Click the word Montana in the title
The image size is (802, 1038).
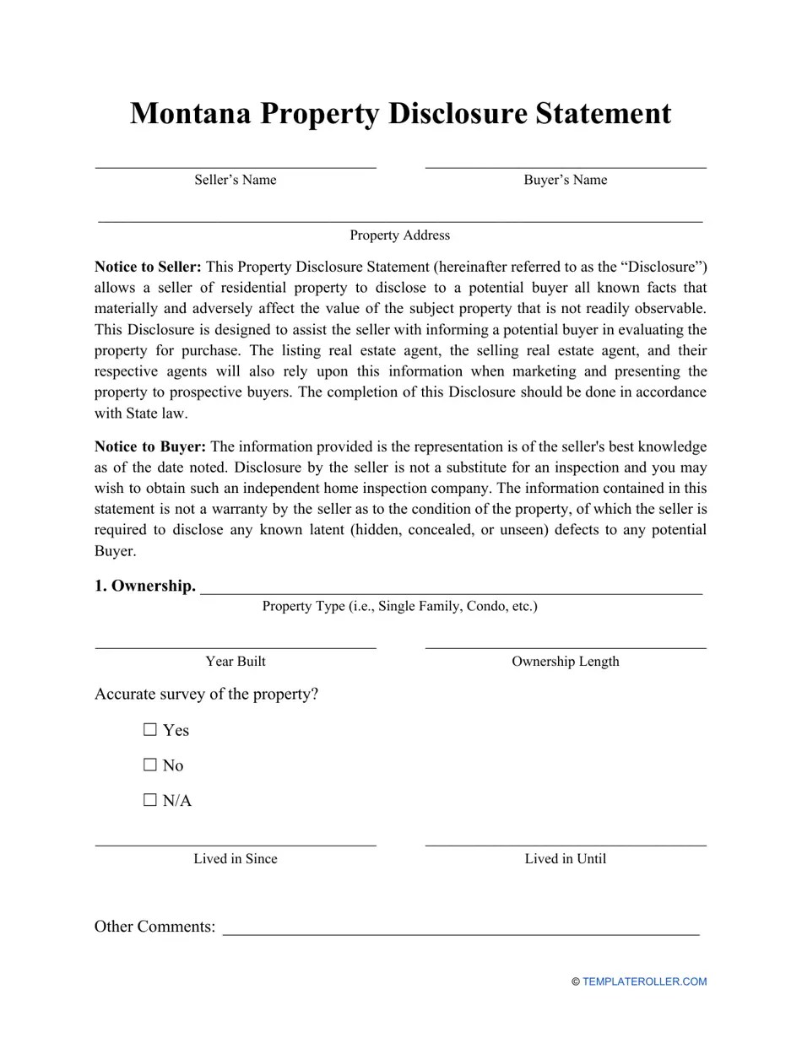[190, 114]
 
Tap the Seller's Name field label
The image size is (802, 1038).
[235, 180]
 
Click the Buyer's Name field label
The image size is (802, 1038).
[565, 180]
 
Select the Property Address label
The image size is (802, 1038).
[399, 235]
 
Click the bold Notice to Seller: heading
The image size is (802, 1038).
[148, 268]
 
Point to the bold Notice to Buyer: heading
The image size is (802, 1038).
[149, 447]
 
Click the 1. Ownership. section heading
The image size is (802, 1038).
[144, 586]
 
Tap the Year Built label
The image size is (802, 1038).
[235, 662]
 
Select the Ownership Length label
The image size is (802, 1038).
[565, 662]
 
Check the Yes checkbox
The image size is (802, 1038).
[151, 730]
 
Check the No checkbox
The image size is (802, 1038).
[151, 765]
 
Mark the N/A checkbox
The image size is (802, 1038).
[151, 801]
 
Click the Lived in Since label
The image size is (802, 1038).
[235, 859]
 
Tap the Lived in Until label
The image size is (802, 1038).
[565, 859]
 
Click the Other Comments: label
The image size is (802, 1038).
[154, 927]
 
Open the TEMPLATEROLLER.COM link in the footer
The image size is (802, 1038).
[643, 981]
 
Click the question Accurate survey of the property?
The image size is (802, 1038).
[206, 695]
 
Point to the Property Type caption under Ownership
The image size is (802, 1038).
[399, 607]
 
